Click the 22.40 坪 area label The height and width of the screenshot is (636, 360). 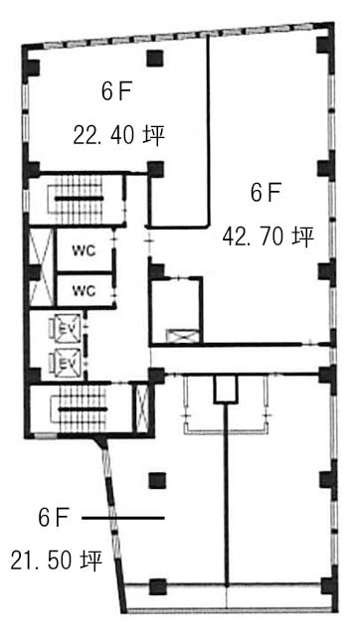coord(118,136)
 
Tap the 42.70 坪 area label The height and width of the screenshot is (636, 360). coord(268,237)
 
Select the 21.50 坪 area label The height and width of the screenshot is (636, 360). coord(56,560)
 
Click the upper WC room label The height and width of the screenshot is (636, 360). coord(84,250)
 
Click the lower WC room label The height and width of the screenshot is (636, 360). coord(84,290)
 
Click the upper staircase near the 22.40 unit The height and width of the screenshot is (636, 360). coord(78,199)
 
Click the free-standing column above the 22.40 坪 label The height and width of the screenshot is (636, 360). coord(155,58)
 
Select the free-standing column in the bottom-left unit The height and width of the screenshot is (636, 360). coord(157,481)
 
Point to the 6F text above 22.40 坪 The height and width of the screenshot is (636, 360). coord(115,92)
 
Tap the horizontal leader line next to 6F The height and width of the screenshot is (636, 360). coord(123,518)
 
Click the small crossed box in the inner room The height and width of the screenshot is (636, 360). coord(182,336)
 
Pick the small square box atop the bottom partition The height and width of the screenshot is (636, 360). coord(226,390)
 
